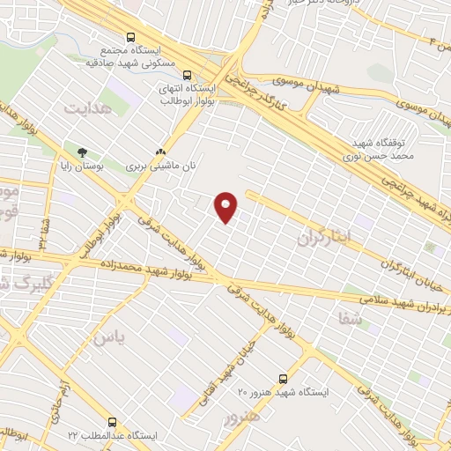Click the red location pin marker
pos(226,206)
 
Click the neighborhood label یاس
pos(110,336)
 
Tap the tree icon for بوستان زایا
pos(83,152)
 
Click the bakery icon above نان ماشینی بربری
pos(159,152)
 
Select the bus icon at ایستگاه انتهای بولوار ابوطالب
pos(186,75)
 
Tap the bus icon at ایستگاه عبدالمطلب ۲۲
pos(112,422)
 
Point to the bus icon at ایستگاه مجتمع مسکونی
pos(130,37)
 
